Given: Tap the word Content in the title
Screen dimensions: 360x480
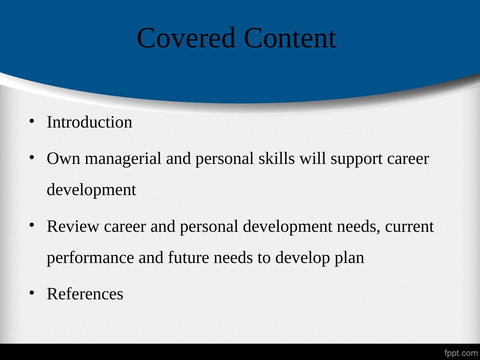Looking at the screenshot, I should [290, 38].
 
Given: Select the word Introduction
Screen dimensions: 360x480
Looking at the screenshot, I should [89, 122].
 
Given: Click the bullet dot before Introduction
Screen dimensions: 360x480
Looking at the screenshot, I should [32, 121].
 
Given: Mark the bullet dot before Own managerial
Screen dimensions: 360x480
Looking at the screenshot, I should [32, 157].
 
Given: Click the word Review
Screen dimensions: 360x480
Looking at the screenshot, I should [73, 227].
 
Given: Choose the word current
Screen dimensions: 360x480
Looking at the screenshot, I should [409, 227].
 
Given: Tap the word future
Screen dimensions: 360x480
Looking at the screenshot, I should [189, 258].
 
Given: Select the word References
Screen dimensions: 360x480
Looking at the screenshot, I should [85, 294].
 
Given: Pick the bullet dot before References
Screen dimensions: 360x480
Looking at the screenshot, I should [32, 292].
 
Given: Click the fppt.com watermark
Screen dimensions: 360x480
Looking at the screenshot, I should [461, 353].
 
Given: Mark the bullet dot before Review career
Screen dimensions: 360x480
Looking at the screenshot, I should [32, 225].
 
